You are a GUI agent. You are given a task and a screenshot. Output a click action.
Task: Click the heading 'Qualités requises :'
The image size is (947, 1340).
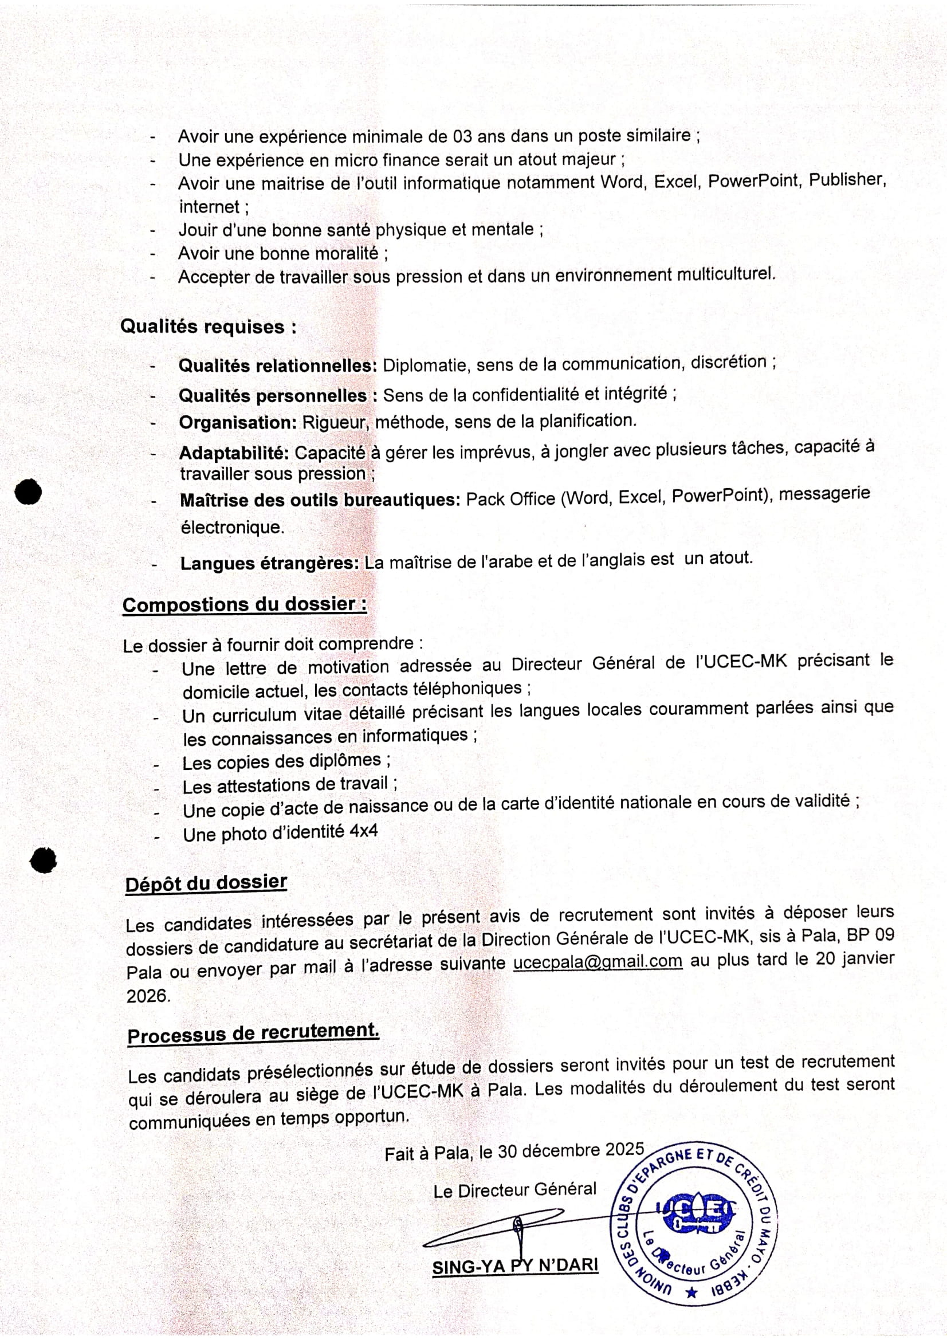(208, 326)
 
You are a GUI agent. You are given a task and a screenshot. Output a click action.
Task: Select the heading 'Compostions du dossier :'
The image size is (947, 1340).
(245, 604)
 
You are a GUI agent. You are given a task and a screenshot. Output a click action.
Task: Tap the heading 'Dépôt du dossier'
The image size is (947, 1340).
(206, 883)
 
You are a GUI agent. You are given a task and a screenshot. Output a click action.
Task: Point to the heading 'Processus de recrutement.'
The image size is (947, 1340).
(253, 1033)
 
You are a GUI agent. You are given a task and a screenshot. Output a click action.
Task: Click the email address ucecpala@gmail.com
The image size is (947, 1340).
(598, 961)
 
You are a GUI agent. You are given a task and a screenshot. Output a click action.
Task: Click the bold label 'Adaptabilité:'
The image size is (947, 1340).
(234, 453)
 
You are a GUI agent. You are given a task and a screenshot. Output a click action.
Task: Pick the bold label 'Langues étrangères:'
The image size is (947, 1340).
(270, 563)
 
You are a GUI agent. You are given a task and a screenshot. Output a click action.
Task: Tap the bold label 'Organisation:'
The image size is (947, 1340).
(238, 423)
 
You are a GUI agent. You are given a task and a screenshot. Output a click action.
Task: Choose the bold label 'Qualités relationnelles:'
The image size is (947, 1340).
(278, 366)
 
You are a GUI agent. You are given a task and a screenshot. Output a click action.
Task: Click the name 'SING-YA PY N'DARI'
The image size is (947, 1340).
(515, 1266)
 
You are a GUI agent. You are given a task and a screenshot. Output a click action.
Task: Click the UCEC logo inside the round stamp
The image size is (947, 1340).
(695, 1216)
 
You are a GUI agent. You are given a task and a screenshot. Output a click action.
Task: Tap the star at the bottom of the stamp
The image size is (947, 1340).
(692, 1292)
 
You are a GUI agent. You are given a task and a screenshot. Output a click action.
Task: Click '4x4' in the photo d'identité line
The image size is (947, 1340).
(364, 831)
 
